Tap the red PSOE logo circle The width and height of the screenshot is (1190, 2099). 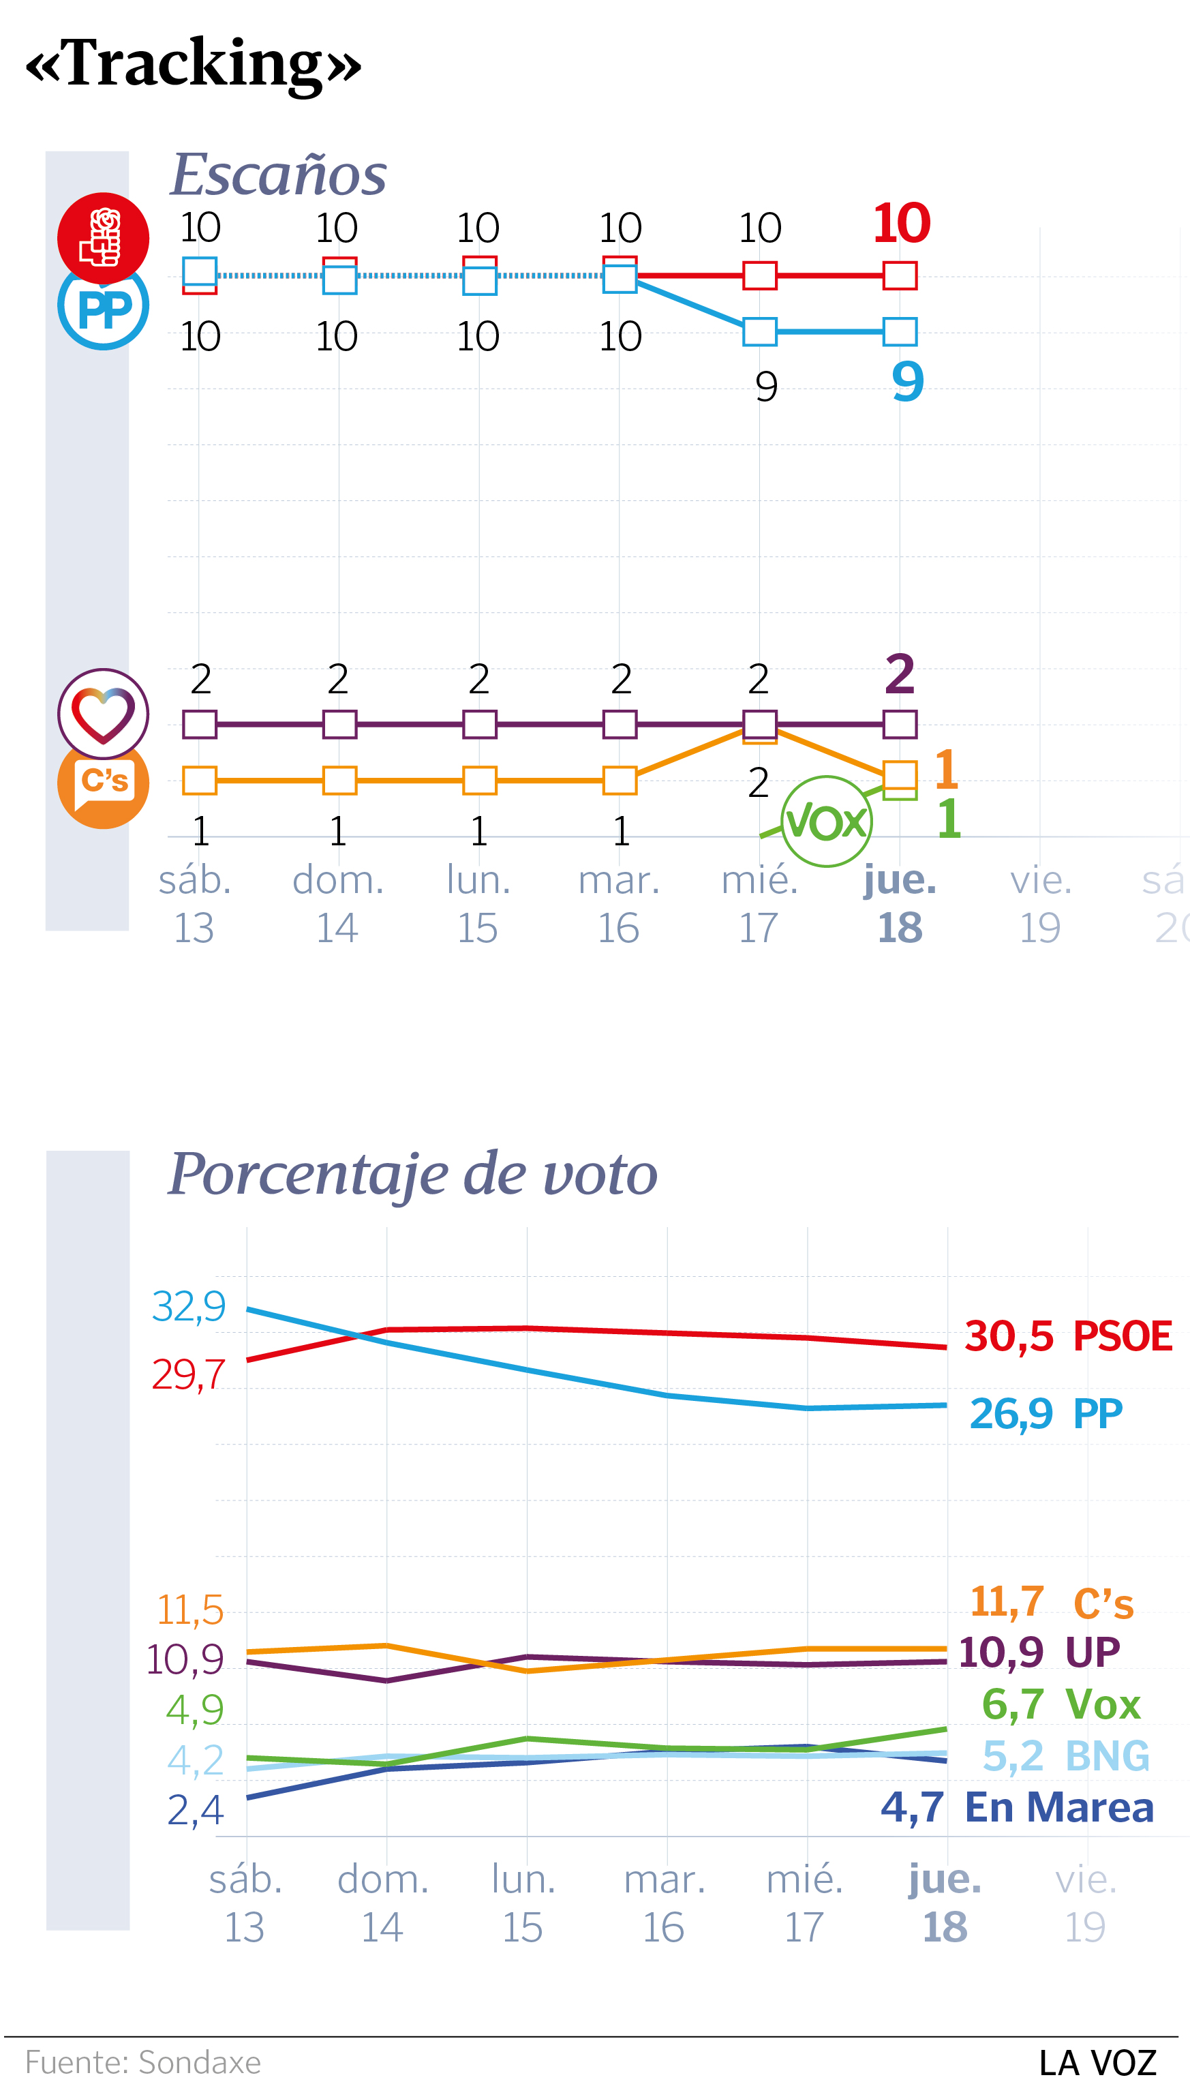[x=103, y=237]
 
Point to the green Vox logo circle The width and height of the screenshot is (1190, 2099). [x=826, y=821]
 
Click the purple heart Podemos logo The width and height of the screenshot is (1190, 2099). [x=103, y=713]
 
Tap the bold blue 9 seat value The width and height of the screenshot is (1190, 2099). [x=907, y=381]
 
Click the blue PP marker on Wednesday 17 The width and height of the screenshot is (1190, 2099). [x=759, y=332]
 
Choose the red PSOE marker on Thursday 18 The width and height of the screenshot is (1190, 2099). [x=900, y=275]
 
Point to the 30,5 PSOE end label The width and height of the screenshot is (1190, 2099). [x=1067, y=1336]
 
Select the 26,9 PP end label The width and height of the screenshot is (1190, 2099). [x=1046, y=1413]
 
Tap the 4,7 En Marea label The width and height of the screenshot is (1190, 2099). [x=1017, y=1807]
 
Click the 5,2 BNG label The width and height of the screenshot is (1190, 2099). [x=1065, y=1755]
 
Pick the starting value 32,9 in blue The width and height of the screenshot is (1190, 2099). [x=188, y=1306]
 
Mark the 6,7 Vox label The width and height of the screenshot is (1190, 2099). [x=1060, y=1704]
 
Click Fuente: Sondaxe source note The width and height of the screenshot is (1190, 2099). [x=143, y=2062]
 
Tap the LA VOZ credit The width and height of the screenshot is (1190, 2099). [x=1097, y=2063]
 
